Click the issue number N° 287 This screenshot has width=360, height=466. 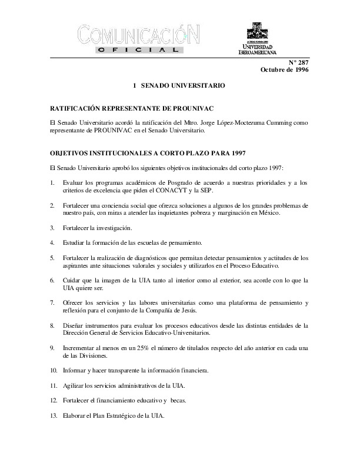tap(298, 62)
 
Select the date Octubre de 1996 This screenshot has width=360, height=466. tap(284, 70)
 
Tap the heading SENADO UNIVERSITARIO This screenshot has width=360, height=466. tap(184, 86)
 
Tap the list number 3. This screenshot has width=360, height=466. tap(52, 228)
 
